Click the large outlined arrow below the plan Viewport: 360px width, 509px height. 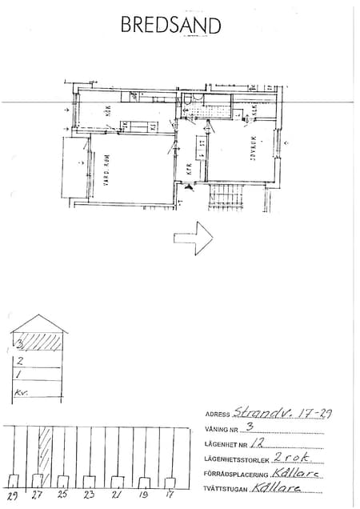pyautogui.click(x=192, y=238)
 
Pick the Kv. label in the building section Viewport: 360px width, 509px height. pyautogui.click(x=21, y=392)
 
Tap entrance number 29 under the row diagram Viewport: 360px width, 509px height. pyautogui.click(x=12, y=495)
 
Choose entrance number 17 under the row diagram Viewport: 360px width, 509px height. pyautogui.click(x=169, y=495)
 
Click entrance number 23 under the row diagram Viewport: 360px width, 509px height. pyautogui.click(x=89, y=495)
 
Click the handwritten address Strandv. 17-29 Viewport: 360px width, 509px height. pyautogui.click(x=279, y=413)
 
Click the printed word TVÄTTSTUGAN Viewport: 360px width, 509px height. pyautogui.click(x=226, y=487)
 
